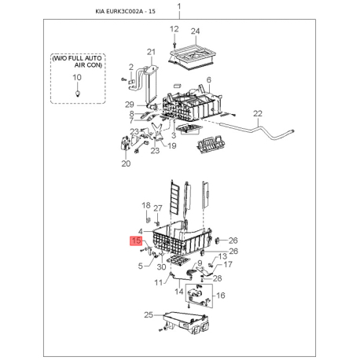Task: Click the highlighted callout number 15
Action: (x=137, y=241)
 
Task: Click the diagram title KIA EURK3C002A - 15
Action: (x=125, y=11)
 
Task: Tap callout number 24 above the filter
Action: (x=195, y=31)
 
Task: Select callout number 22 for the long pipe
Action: (x=258, y=114)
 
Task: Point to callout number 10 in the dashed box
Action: (x=77, y=77)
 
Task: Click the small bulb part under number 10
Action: (x=77, y=93)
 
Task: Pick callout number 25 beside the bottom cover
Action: (x=149, y=314)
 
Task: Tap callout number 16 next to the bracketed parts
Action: (x=221, y=296)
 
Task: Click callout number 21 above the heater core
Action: (x=151, y=52)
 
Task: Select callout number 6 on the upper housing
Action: (x=208, y=79)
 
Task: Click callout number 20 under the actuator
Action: (x=126, y=163)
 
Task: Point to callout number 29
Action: (x=130, y=105)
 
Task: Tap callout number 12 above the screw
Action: (x=174, y=29)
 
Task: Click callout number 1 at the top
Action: (x=179, y=6)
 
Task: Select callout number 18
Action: (x=146, y=205)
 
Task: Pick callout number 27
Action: (x=158, y=208)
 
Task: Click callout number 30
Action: (x=161, y=266)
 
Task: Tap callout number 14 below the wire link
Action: (x=179, y=292)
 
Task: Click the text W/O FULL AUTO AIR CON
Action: (x=78, y=61)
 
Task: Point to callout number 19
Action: (x=172, y=145)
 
